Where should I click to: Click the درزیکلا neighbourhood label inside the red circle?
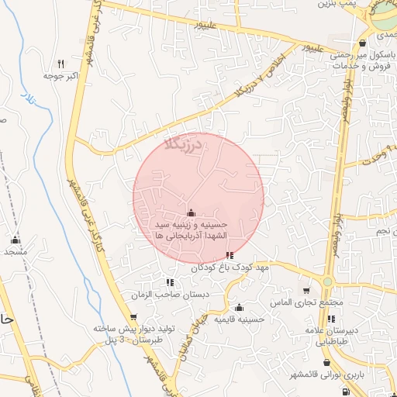tap(183, 143)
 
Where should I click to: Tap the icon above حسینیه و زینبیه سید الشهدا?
tap(192, 213)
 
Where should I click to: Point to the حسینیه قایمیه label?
tap(240, 319)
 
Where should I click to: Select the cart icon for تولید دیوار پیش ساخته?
tap(134, 316)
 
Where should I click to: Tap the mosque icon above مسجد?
tap(15, 239)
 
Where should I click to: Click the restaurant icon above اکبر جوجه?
tap(60, 64)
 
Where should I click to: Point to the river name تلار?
tap(29, 102)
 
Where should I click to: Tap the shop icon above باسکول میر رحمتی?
tap(363, 43)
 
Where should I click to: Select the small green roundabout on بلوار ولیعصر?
tap(328, 281)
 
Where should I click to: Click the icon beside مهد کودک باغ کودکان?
tap(229, 254)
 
